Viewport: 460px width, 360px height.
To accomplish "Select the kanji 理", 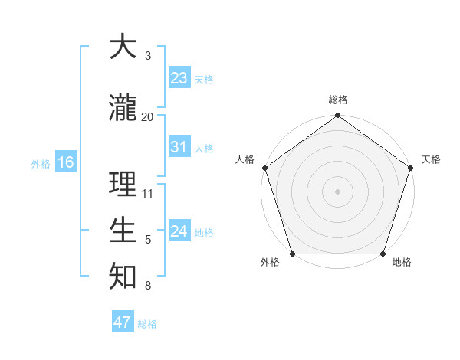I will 123,185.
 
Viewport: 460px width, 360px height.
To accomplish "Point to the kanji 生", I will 123,230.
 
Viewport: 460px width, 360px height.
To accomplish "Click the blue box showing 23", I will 179,77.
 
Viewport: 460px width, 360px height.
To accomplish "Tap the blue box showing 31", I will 179,147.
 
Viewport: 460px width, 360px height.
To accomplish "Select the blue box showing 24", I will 179,231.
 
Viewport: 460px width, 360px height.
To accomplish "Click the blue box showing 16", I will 65,162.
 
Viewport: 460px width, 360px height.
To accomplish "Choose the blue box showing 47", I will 123,322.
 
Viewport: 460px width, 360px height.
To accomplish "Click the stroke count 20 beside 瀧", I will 148,116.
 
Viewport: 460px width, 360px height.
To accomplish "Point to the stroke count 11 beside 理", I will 148,194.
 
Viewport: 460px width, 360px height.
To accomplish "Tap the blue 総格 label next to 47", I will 147,324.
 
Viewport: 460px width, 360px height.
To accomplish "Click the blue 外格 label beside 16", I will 40,163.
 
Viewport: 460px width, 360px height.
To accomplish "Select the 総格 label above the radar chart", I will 338,100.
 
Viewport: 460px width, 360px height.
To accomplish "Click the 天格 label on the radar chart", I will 431,159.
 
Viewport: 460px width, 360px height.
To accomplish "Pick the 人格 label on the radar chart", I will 245,159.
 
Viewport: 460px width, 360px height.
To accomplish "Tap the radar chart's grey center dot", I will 337,191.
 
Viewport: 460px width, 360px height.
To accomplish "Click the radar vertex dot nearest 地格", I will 383,254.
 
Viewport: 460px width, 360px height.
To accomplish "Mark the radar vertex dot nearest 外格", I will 292,254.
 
